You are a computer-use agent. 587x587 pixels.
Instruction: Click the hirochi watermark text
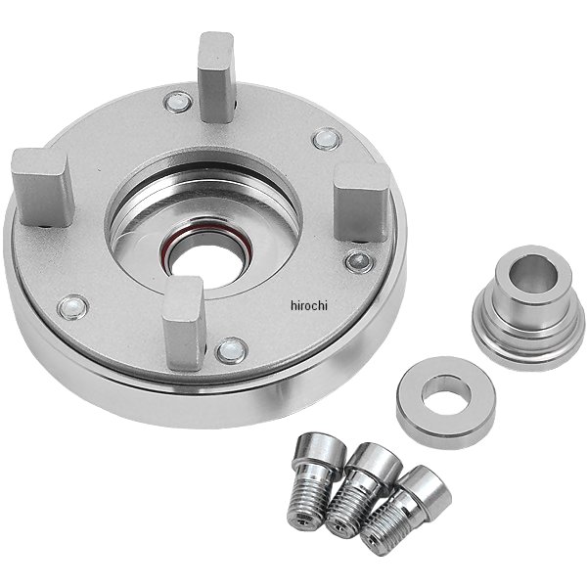pyautogui.click(x=309, y=305)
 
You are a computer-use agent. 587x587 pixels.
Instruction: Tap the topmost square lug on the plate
pyautogui.click(x=217, y=77)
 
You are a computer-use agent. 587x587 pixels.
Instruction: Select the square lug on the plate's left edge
pyautogui.click(x=41, y=188)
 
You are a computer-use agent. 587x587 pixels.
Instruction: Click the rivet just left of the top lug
pyautogui.click(x=178, y=102)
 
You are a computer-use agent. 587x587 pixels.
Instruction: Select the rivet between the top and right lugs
pyautogui.click(x=327, y=139)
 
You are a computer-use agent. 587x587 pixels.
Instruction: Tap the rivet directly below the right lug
pyautogui.click(x=359, y=262)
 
